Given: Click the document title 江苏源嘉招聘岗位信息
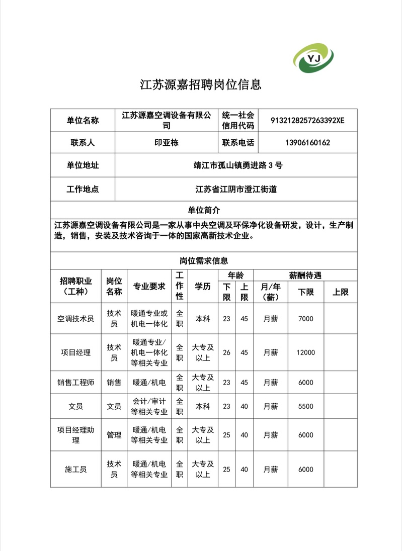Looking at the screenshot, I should pos(201,84).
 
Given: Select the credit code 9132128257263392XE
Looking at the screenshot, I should pos(307,121).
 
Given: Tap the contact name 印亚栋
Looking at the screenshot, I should pos(166,143).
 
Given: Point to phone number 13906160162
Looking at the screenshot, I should pos(307,143).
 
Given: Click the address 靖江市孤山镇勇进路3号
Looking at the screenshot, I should pos(236,165).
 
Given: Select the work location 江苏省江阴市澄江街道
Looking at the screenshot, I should pos(236,190).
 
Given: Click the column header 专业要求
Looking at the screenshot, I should pos(149,286).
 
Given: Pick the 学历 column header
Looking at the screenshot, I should pos(203,286).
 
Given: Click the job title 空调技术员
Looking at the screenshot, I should pos(75,319).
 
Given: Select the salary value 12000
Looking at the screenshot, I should pos(305,352).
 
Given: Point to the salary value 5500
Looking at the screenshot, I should pos(305,406).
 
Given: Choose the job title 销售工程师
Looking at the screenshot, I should pos(75,383).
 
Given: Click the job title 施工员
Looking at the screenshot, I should pos(75,470).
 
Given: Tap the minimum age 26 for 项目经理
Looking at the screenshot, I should pos(226,352).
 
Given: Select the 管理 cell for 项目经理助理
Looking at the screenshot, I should pos(114,435).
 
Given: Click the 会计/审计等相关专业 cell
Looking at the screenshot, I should pos(149,406).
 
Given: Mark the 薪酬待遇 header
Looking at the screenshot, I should pos(305,275).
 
